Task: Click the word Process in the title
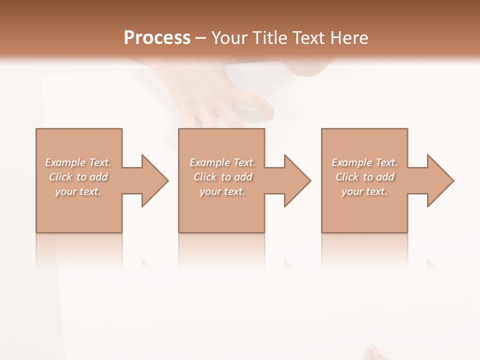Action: pyautogui.click(x=157, y=38)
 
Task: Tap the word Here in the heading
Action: pyautogui.click(x=349, y=38)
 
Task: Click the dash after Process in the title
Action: pyautogui.click(x=200, y=38)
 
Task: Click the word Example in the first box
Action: pyautogui.click(x=65, y=162)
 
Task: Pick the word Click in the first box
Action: pyautogui.click(x=60, y=177)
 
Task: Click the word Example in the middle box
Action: pyautogui.click(x=209, y=162)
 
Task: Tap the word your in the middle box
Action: pyautogui.click(x=210, y=191)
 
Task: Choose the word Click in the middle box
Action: pyautogui.click(x=204, y=177)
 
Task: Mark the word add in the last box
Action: pyautogui.click(x=385, y=177)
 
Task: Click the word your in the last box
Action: pyautogui.click(x=352, y=191)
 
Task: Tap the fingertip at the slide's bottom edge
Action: pyautogui.click(x=374, y=351)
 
